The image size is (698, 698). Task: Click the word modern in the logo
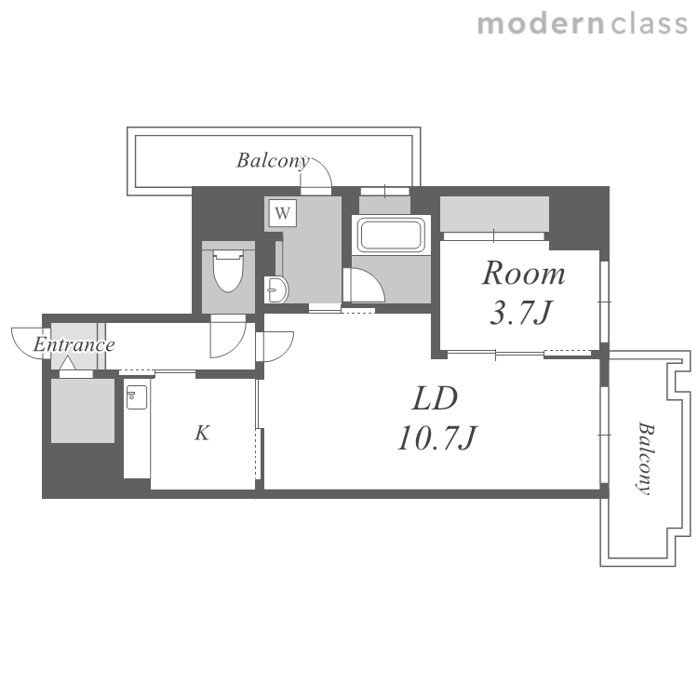click(541, 24)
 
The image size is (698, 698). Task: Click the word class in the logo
click(650, 24)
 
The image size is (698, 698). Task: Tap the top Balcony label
click(273, 161)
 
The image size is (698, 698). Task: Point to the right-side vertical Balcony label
click(646, 458)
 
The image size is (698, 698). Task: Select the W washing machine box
click(283, 213)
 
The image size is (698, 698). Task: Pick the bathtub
click(391, 235)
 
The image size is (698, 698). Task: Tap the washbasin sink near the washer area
click(276, 289)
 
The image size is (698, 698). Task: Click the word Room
click(523, 273)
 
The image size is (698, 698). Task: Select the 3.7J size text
click(521, 313)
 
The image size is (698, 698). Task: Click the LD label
click(435, 398)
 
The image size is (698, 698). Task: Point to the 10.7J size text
click(437, 438)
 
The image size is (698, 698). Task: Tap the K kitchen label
click(202, 433)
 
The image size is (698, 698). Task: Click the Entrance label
click(74, 344)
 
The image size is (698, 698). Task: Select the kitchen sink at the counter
click(137, 397)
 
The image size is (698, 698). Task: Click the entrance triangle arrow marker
click(68, 363)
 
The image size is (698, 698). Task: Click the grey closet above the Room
click(494, 214)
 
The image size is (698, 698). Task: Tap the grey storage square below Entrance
click(83, 410)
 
